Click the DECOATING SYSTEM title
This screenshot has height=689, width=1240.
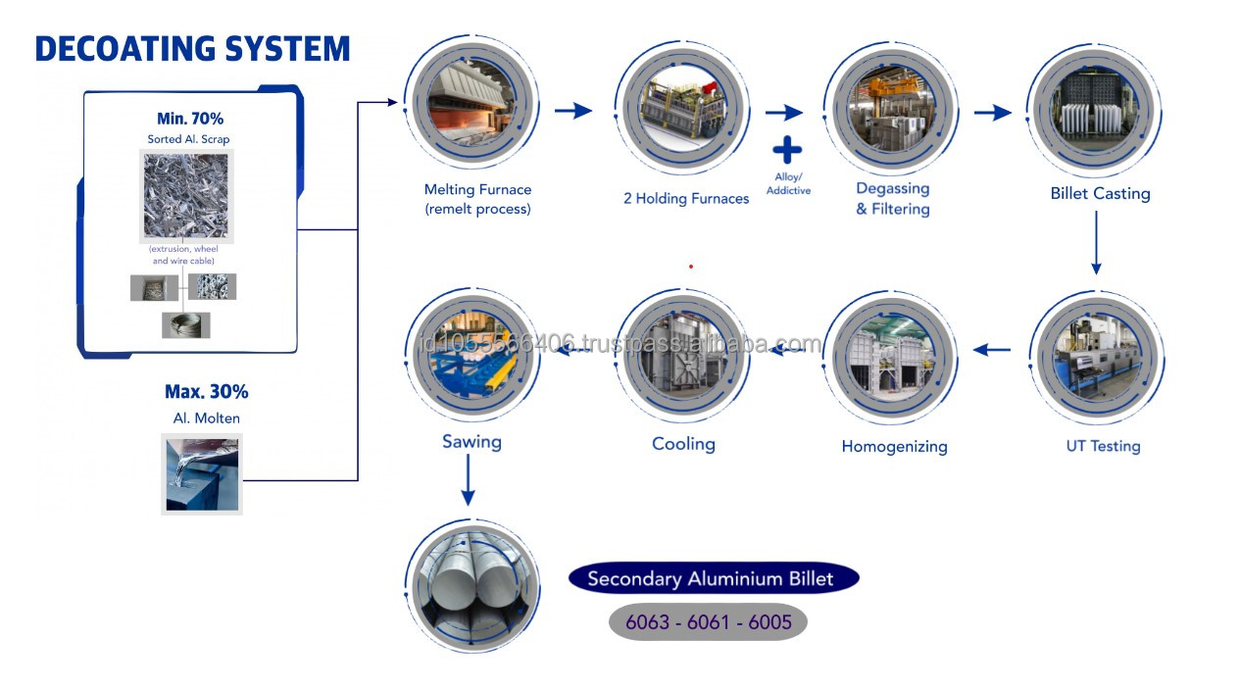click(x=192, y=48)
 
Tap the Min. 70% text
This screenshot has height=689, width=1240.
click(x=190, y=119)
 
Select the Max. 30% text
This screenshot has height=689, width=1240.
click(x=206, y=392)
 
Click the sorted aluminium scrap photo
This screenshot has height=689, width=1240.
click(x=185, y=196)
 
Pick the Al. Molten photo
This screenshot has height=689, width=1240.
click(x=201, y=474)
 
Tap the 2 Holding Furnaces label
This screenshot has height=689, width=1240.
click(x=686, y=199)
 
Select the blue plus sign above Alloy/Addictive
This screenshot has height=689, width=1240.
click(x=787, y=150)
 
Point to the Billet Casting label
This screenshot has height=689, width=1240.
click(x=1100, y=194)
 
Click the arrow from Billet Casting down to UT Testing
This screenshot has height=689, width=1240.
click(x=1096, y=245)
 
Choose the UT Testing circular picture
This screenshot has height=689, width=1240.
click(x=1097, y=357)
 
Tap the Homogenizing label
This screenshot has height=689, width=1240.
click(x=894, y=447)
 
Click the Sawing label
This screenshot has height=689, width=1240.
click(x=471, y=442)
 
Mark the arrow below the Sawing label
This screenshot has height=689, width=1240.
click(x=468, y=481)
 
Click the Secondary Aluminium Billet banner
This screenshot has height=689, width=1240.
click(x=714, y=578)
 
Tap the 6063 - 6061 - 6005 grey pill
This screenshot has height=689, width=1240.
click(x=708, y=622)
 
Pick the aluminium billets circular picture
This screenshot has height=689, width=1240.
click(x=472, y=585)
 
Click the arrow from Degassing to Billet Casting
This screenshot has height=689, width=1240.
click(x=992, y=113)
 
